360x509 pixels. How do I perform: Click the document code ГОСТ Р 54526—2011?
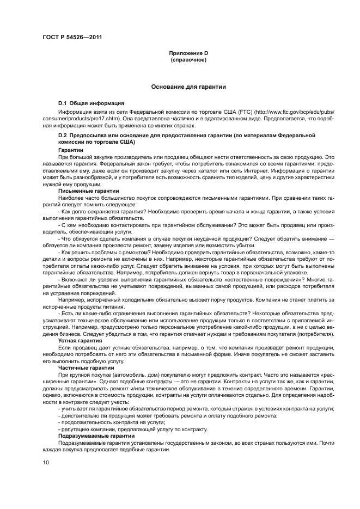pyautogui.click(x=72, y=38)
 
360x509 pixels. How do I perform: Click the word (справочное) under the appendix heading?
pyautogui.click(x=188, y=59)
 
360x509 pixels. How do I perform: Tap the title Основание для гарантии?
pyautogui.click(x=188, y=87)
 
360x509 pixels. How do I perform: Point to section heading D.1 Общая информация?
pyautogui.click(x=91, y=103)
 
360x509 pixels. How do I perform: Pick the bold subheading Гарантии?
pyautogui.click(x=70, y=150)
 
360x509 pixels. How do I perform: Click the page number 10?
pyautogui.click(x=46, y=462)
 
